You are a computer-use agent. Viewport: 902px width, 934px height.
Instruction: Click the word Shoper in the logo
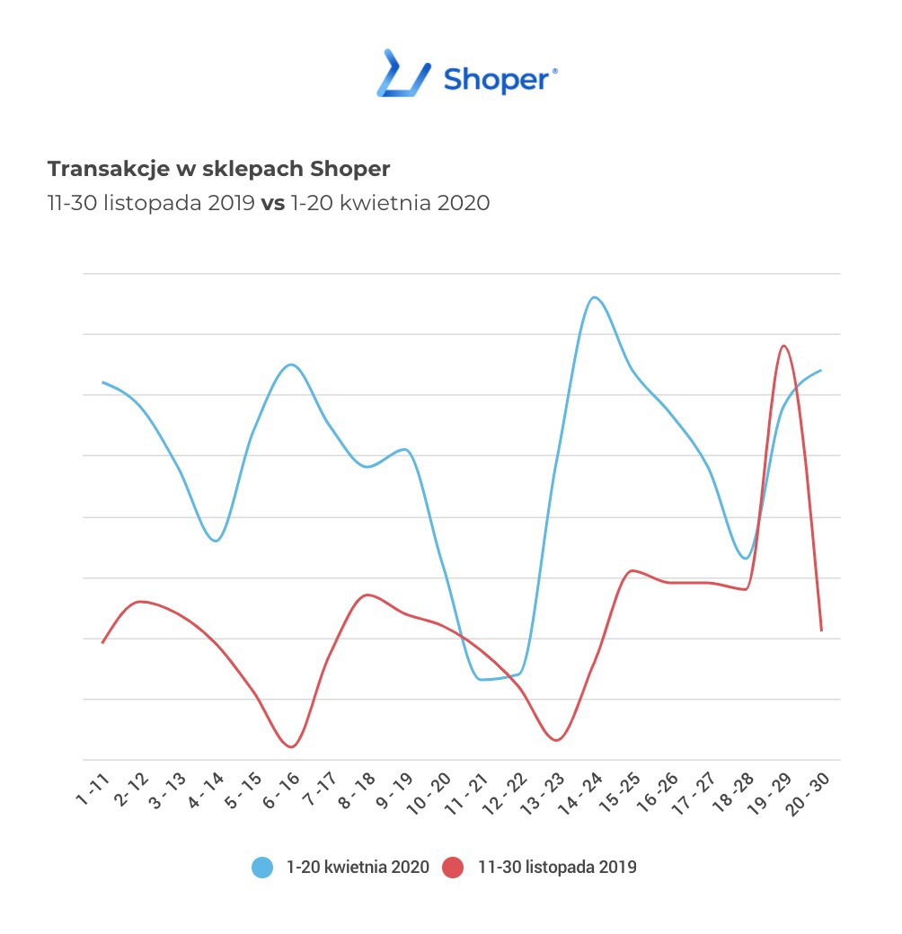pyautogui.click(x=497, y=79)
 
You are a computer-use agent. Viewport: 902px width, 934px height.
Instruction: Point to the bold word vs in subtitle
pyautogui.click(x=272, y=203)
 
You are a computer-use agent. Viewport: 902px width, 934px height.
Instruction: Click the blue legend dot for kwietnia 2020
pyautogui.click(x=262, y=868)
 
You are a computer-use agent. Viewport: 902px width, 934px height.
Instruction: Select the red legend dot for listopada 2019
pyautogui.click(x=454, y=868)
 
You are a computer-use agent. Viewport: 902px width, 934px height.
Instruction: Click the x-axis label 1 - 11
pyautogui.click(x=93, y=790)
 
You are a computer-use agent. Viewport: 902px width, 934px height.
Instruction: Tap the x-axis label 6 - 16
pyautogui.click(x=282, y=790)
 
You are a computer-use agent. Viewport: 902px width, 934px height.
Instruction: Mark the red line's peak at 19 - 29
pyautogui.click(x=784, y=346)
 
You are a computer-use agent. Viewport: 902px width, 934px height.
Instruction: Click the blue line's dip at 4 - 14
pyautogui.click(x=216, y=541)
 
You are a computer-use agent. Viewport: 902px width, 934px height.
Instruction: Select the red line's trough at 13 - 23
pyautogui.click(x=556, y=740)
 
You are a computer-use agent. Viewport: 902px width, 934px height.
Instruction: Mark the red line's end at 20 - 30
pyautogui.click(x=821, y=630)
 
